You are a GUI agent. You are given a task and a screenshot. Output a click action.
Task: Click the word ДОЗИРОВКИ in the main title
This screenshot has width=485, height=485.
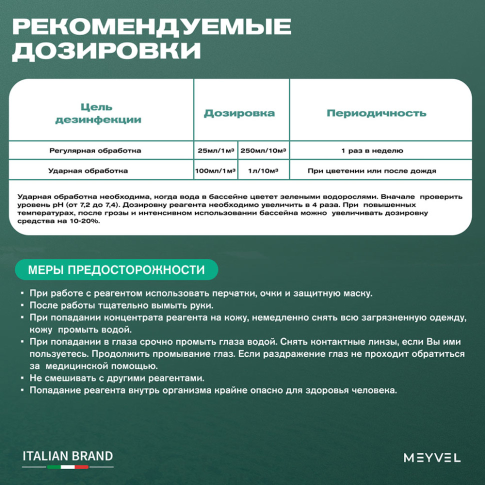point(106,51)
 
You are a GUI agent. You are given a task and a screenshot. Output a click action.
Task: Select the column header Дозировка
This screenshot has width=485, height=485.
point(239,113)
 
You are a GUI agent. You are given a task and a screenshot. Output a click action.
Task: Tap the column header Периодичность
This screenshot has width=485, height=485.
point(376,113)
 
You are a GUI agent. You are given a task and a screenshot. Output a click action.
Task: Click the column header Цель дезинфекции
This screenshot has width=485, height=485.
point(98,113)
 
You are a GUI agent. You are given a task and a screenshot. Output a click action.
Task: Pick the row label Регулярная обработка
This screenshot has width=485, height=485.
point(95,150)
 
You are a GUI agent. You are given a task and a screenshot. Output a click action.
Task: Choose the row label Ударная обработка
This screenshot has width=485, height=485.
point(88,170)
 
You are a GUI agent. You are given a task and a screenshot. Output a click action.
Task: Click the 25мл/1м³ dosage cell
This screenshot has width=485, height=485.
point(215,150)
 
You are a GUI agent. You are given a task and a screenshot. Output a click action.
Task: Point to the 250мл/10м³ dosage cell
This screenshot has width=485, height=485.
point(263,150)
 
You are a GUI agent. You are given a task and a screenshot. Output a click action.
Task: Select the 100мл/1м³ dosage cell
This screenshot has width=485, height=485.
point(215,171)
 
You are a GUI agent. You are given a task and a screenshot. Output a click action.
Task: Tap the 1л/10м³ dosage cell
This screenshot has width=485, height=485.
point(263,171)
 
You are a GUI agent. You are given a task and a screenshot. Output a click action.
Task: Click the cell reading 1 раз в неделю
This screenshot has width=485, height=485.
point(372,150)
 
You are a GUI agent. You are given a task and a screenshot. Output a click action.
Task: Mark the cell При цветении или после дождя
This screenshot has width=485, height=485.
point(372,171)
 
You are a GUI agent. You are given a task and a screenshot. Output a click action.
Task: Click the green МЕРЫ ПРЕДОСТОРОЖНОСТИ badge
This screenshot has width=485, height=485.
point(116,270)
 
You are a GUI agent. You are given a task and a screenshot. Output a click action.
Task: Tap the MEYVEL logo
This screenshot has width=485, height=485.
point(432,457)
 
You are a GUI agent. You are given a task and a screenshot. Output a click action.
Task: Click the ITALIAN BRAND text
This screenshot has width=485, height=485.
point(68,456)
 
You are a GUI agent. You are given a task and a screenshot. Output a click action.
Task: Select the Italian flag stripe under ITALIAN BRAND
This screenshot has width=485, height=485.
point(68,467)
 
